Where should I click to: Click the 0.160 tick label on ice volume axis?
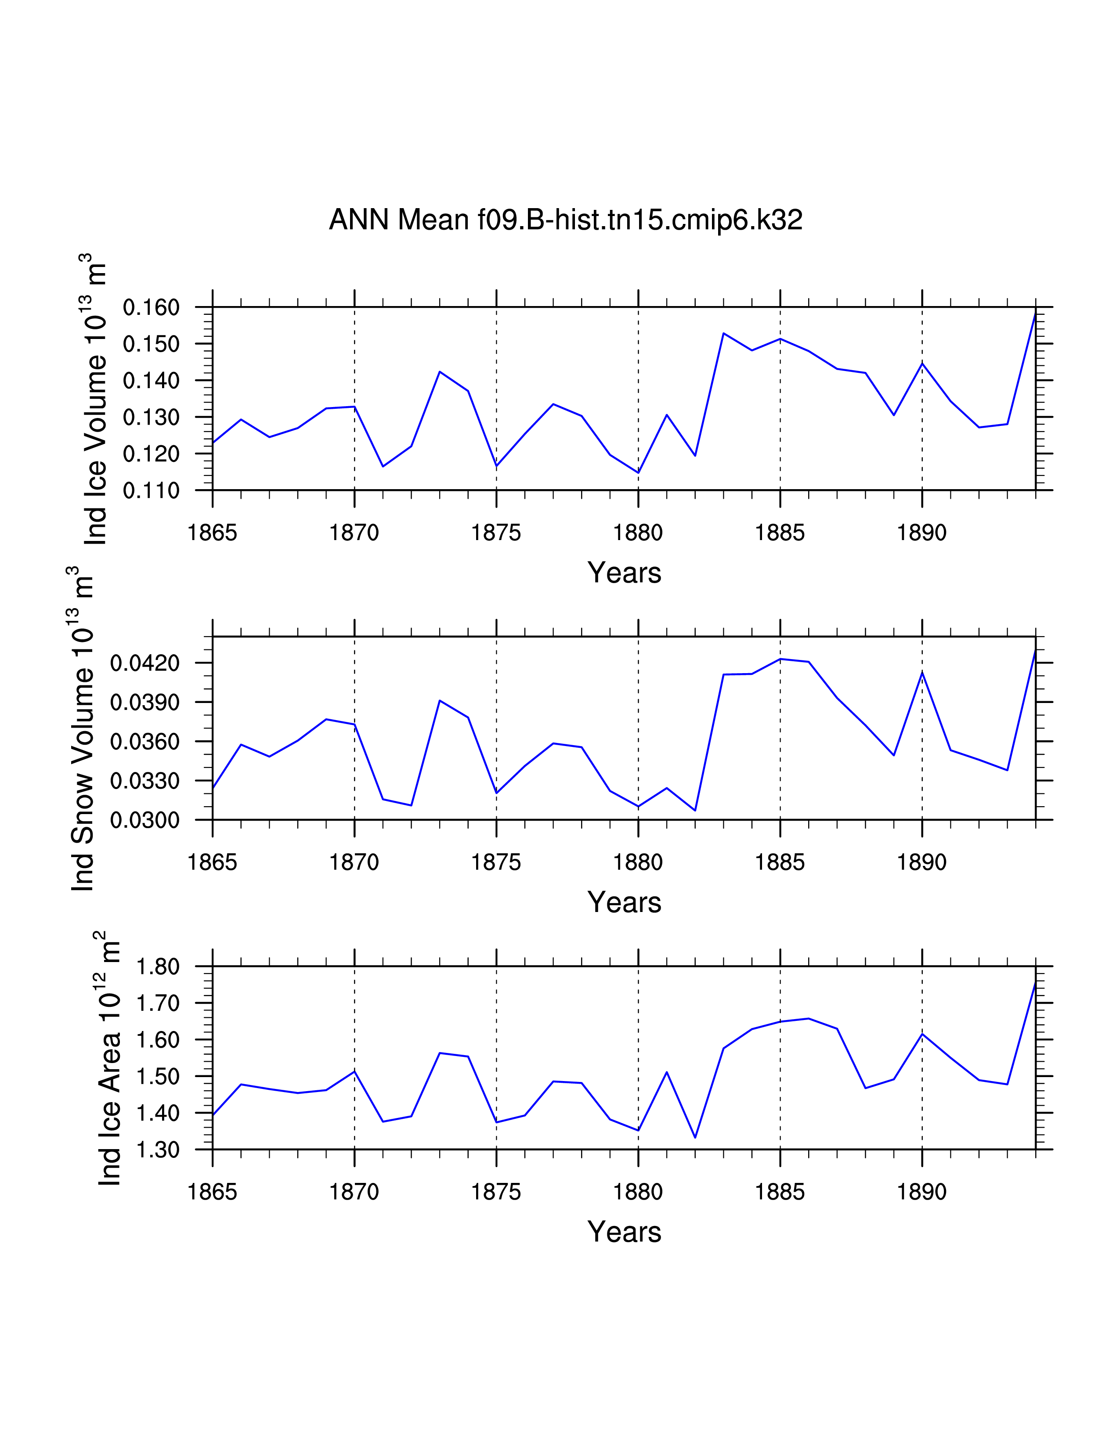tap(151, 307)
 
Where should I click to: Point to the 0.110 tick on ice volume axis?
tap(151, 490)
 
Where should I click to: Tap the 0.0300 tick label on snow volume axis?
tap(145, 820)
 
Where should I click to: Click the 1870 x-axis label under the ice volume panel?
tap(354, 532)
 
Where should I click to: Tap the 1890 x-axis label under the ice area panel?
tap(921, 1192)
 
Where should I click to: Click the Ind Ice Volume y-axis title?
tap(94, 398)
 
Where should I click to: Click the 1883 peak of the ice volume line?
tap(723, 333)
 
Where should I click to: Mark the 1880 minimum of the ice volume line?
tap(638, 472)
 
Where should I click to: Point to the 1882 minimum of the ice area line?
tap(695, 1138)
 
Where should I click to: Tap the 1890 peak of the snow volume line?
tap(922, 672)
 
